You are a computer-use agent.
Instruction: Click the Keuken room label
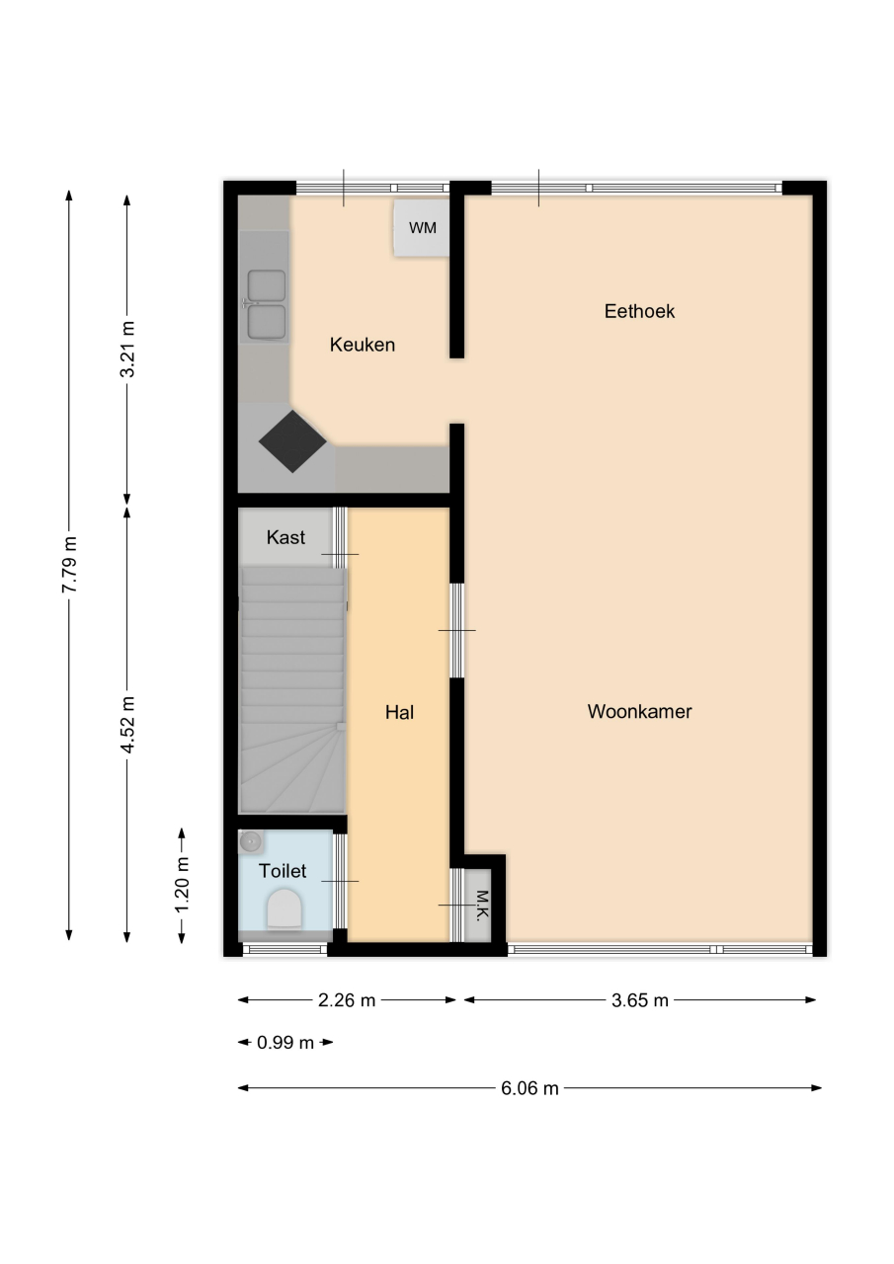point(362,345)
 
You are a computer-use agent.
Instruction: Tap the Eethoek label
point(639,311)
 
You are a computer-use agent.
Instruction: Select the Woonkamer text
point(639,711)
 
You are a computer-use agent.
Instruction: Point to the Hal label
point(400,712)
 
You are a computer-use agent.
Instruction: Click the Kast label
point(285,537)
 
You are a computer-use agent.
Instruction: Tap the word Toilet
point(283,871)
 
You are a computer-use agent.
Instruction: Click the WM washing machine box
point(422,228)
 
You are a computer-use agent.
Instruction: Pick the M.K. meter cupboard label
point(481,906)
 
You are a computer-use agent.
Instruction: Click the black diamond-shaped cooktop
point(292,441)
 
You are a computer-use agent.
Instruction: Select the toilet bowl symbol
point(284,909)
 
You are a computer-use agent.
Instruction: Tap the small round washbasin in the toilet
point(250,842)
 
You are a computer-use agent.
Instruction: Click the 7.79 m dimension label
point(69,564)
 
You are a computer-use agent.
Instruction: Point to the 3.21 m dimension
point(127,349)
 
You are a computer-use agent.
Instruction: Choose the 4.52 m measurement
point(127,725)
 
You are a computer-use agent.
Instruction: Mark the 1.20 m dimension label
point(181,884)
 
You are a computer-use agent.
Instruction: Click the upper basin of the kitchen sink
point(267,285)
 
